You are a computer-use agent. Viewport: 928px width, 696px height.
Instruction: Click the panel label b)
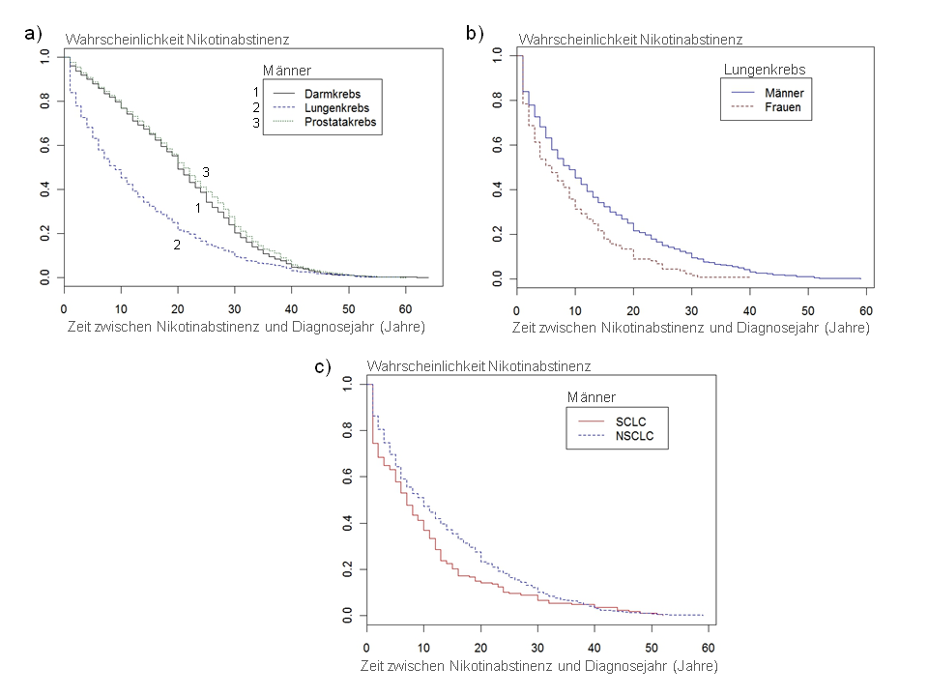point(475,34)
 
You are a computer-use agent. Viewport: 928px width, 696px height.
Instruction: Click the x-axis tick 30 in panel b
point(691,309)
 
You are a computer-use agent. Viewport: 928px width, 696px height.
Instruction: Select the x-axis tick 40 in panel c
point(594,647)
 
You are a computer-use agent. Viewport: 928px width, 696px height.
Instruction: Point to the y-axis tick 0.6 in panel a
point(44,145)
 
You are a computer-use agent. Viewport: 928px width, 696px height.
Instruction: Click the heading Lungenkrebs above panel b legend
point(765,70)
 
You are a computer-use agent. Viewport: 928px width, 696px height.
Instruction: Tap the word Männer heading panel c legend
point(592,397)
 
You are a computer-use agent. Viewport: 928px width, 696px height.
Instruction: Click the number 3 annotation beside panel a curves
point(206,172)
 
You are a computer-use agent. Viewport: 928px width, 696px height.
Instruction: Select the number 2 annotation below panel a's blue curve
point(177,246)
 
